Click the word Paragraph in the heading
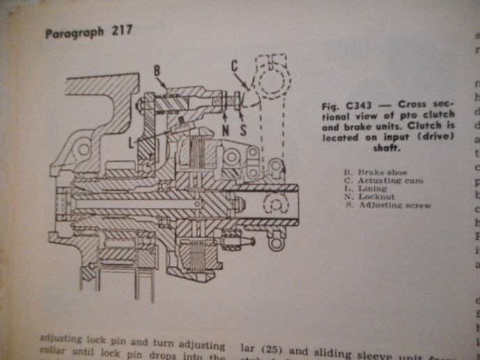[x=73, y=33]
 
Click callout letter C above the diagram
[x=235, y=66]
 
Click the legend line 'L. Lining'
[x=366, y=189]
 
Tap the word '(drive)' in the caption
[x=437, y=137]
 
